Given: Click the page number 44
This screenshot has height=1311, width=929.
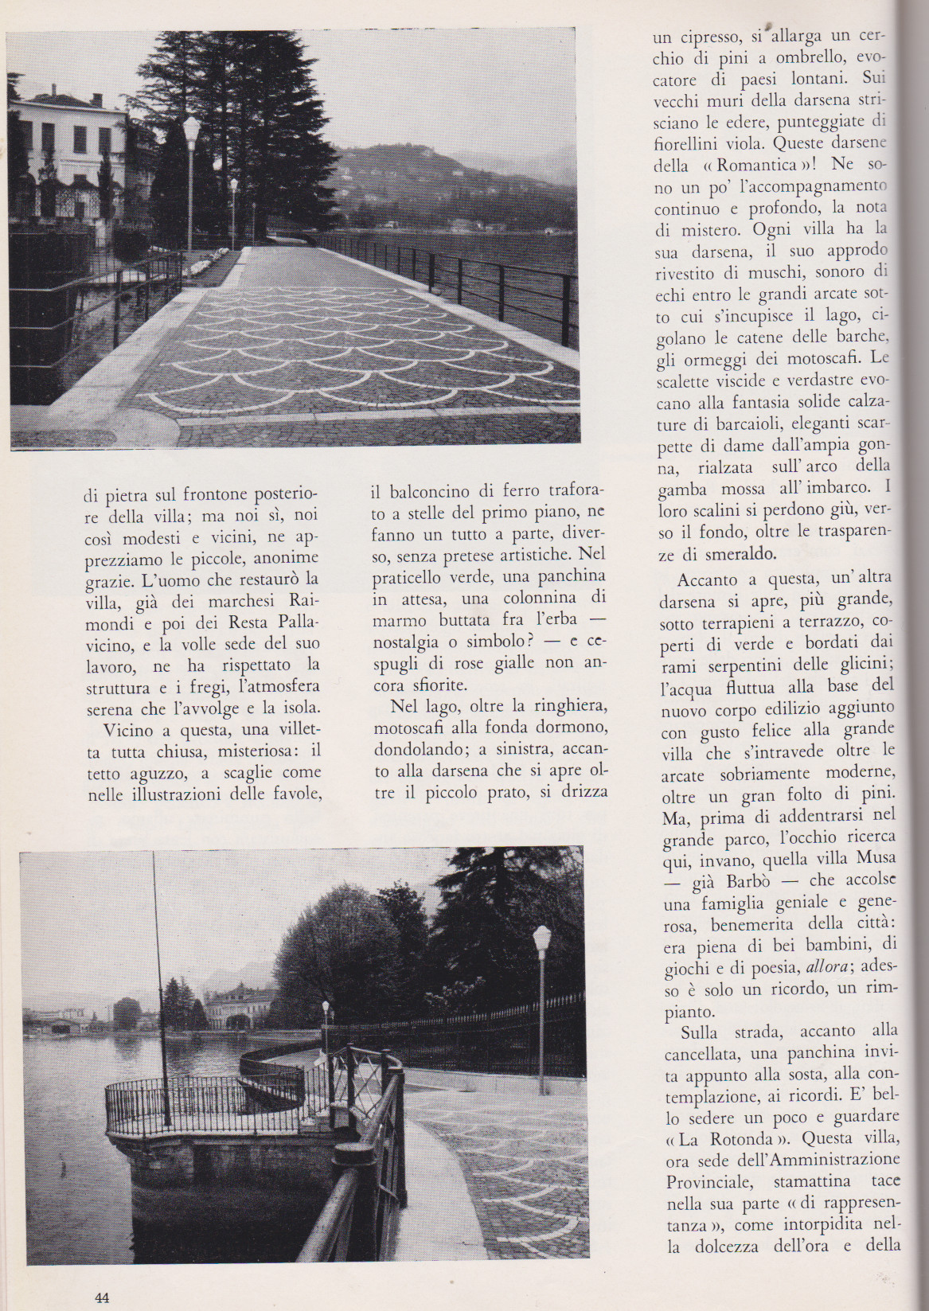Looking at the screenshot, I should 101,1297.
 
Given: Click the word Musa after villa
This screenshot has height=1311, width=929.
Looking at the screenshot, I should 876,859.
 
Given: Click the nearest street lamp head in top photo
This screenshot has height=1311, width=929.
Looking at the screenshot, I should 191,127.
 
